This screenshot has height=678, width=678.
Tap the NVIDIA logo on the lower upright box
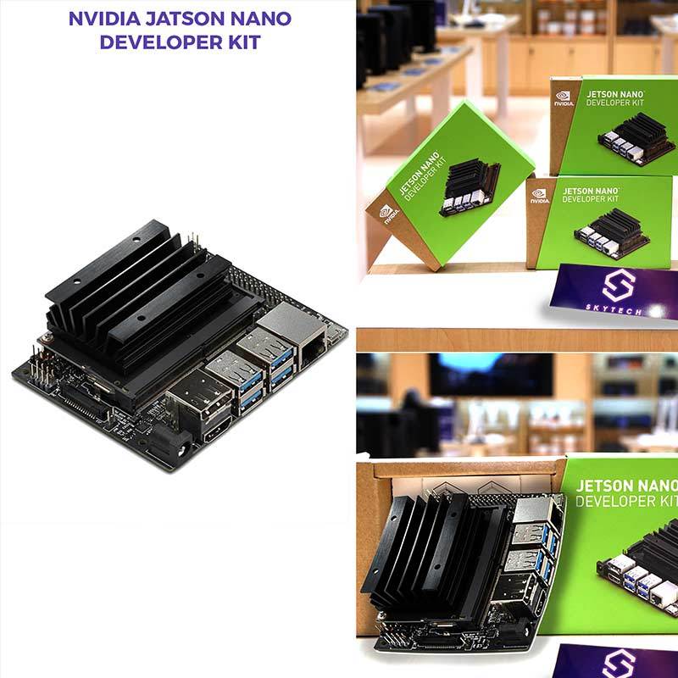[x=540, y=196]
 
